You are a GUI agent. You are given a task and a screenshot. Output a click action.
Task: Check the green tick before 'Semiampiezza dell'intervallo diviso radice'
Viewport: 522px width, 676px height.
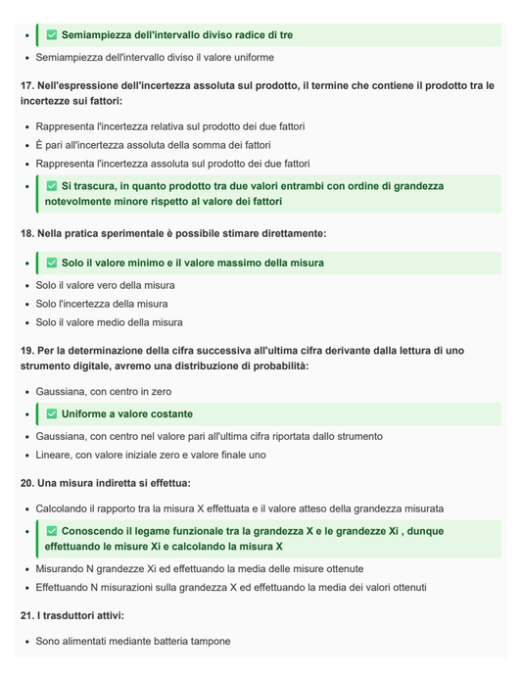point(52,35)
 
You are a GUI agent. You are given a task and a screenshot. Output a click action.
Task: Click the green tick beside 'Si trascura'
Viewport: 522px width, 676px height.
point(52,186)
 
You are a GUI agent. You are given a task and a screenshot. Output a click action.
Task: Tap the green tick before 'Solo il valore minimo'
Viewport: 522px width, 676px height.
point(52,264)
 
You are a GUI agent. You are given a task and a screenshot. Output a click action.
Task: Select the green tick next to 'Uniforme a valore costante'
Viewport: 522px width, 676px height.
point(52,414)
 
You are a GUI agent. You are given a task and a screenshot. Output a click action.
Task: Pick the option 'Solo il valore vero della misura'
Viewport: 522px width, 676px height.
point(105,285)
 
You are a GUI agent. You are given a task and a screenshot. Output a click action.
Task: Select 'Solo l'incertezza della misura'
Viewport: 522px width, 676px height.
point(102,304)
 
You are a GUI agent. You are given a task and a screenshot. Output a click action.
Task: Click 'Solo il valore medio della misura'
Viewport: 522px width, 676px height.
point(109,322)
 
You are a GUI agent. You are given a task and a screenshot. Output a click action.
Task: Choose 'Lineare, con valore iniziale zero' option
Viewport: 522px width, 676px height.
point(150,455)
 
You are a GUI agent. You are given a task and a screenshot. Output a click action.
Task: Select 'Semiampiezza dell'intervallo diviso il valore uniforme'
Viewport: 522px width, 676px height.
point(155,58)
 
